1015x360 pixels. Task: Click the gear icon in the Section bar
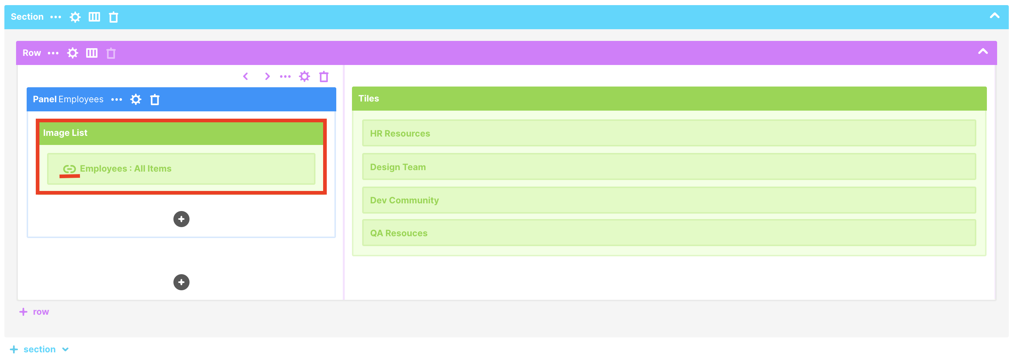pos(75,17)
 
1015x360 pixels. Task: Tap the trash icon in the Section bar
pos(114,17)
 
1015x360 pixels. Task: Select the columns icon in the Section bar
pos(94,17)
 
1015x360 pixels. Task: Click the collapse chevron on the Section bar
pos(994,16)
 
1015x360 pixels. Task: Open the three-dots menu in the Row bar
pos(53,53)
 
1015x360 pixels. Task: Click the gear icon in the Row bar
pos(73,53)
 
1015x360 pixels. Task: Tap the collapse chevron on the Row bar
pos(983,51)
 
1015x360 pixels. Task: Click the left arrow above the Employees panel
pos(245,76)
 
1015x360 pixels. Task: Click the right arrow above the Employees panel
pos(267,76)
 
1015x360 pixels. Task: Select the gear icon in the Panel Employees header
pos(135,99)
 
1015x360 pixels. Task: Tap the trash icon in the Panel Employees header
pos(155,100)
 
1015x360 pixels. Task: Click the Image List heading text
pos(65,133)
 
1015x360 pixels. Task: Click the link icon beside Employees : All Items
pos(69,169)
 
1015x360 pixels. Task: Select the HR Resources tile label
pos(400,134)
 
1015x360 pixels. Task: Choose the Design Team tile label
pos(398,167)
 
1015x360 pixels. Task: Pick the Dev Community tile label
pos(404,200)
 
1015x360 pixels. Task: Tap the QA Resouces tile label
pos(398,233)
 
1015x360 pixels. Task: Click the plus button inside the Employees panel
pos(181,219)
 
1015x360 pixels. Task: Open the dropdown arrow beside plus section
pos(65,349)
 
